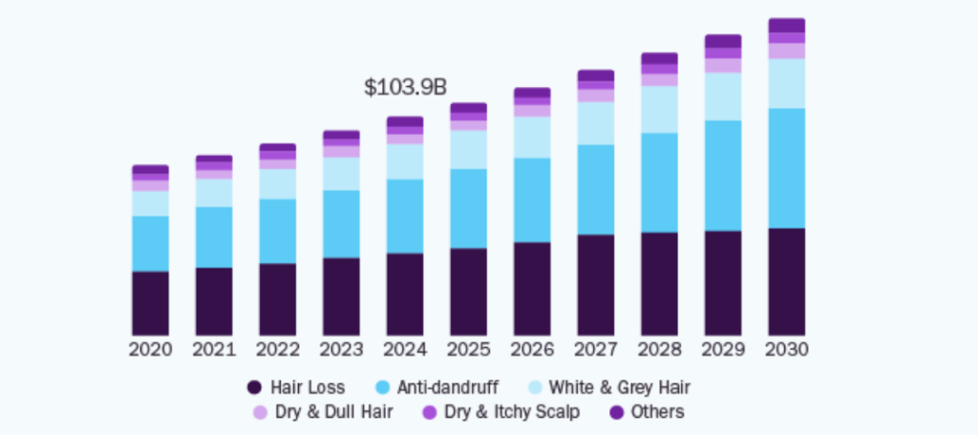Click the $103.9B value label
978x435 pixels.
click(x=405, y=87)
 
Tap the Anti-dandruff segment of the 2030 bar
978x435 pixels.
click(x=786, y=167)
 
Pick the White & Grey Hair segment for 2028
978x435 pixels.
click(x=659, y=109)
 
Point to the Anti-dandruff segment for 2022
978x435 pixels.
click(x=277, y=230)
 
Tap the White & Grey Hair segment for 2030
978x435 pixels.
click(x=786, y=83)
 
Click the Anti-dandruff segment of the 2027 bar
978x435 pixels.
click(x=595, y=189)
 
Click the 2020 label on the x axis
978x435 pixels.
click(x=150, y=350)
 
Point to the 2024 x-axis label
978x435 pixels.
click(x=405, y=350)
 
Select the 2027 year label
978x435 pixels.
click(x=595, y=350)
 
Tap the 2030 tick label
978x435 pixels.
click(x=786, y=350)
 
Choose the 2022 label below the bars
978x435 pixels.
click(x=277, y=350)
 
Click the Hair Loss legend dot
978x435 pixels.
click(x=254, y=387)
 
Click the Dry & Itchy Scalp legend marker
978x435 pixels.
click(x=430, y=412)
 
